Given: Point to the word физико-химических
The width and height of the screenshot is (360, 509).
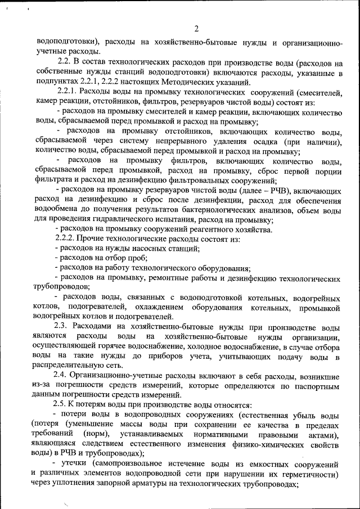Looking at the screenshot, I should (262, 444).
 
